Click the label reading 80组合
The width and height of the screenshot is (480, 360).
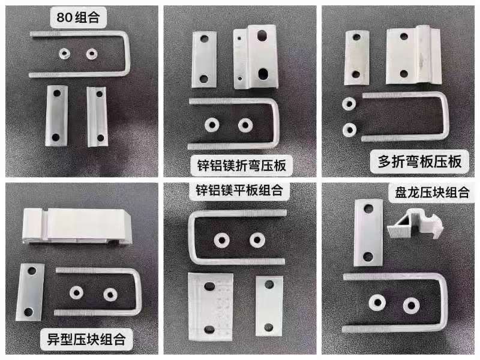(78, 17)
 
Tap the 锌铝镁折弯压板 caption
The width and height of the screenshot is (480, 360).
(242, 166)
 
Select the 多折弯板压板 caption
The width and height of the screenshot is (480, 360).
(419, 161)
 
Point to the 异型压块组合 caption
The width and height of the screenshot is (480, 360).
(86, 339)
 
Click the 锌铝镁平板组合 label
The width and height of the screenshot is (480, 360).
(239, 190)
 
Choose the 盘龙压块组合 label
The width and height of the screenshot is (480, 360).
(432, 192)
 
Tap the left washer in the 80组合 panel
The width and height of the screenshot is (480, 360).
(64, 54)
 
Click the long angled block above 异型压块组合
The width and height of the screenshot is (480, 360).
(77, 226)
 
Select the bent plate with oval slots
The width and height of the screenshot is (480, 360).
(256, 57)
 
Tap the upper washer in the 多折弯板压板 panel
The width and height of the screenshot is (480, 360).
(349, 104)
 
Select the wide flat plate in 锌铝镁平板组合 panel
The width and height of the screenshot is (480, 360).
(211, 307)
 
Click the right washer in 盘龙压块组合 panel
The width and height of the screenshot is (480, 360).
(411, 305)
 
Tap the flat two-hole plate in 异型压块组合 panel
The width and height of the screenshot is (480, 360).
(30, 292)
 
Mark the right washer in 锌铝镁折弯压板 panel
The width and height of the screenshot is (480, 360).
(245, 125)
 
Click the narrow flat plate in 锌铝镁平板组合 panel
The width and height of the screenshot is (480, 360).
(269, 306)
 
